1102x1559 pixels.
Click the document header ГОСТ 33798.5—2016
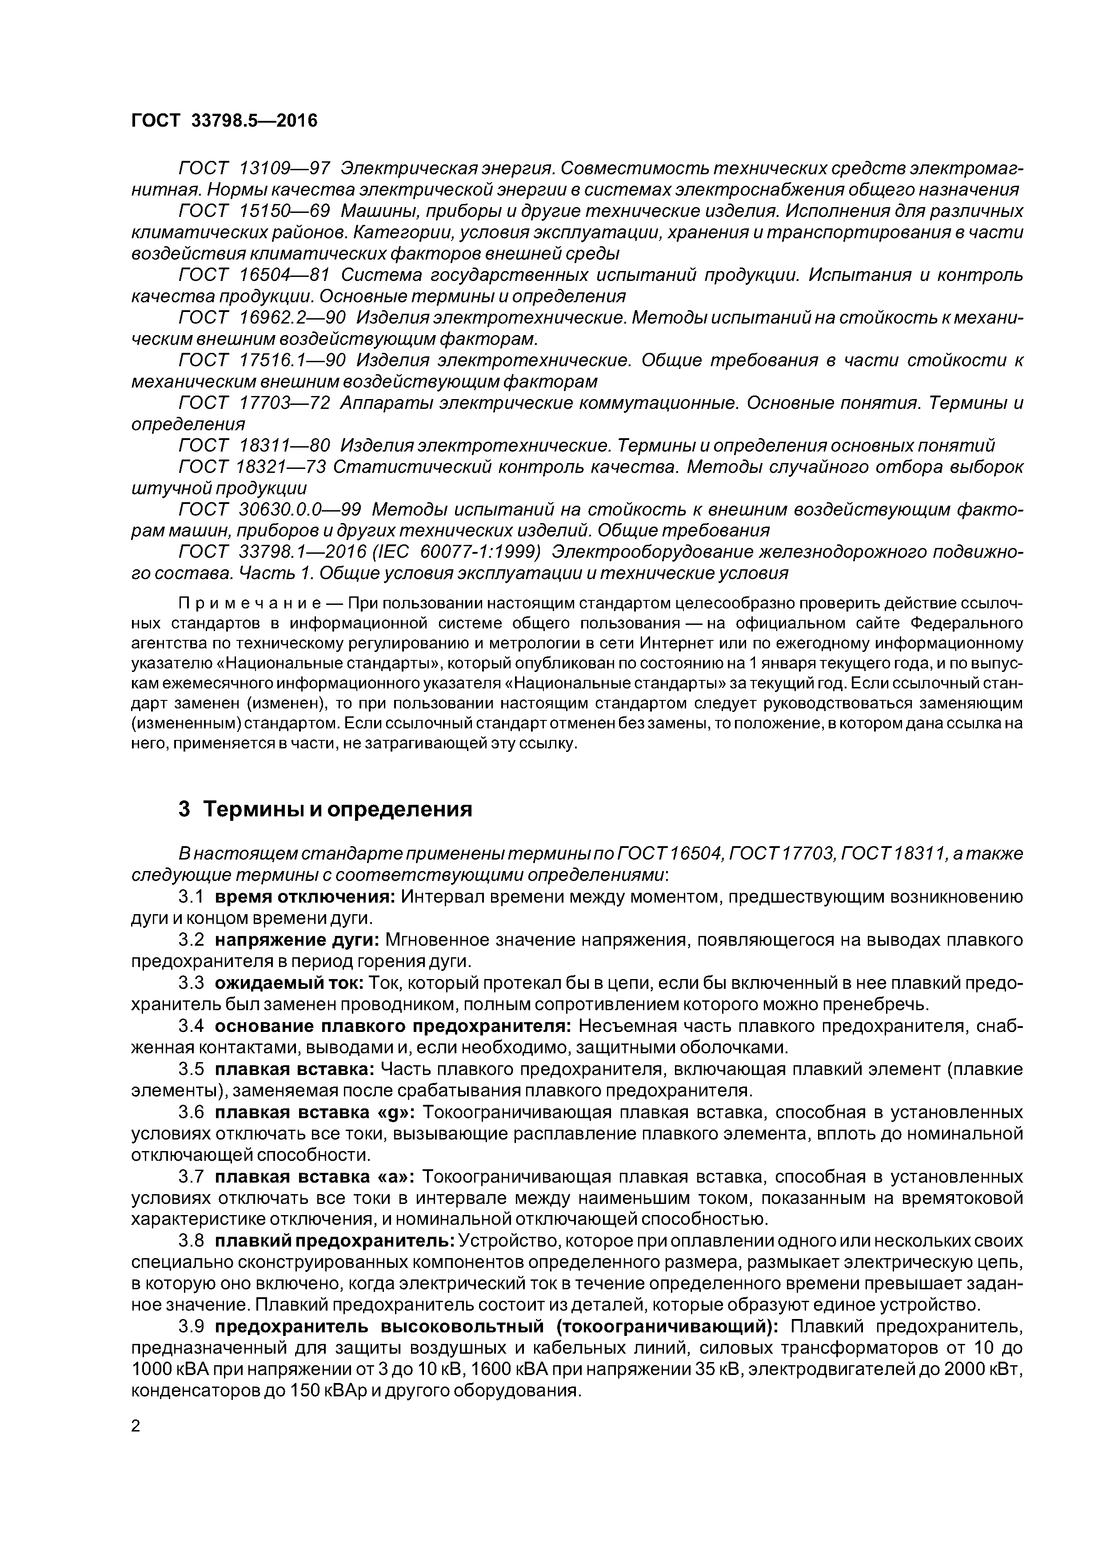pyautogui.click(x=224, y=121)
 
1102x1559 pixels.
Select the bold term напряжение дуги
pyautogui.click(x=297, y=940)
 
